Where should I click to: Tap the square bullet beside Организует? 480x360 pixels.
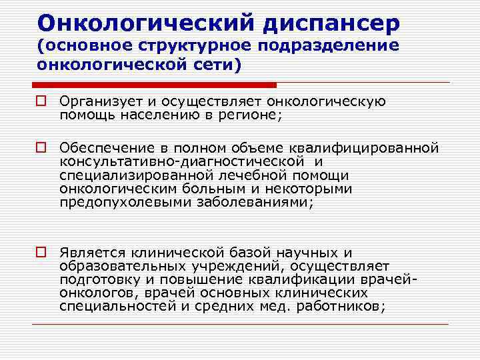pos(42,103)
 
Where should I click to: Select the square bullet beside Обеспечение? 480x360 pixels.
pos(42,147)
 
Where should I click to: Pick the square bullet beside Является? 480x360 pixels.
pos(42,253)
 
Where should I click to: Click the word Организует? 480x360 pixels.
pos(100,102)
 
